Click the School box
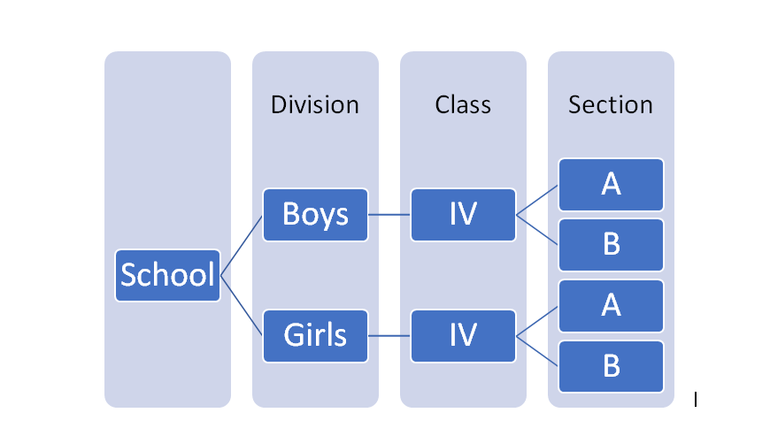167,275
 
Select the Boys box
315,215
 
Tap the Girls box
315,336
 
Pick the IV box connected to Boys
463,215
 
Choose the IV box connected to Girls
463,336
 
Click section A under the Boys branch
611,185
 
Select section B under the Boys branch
611,245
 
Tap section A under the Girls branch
611,306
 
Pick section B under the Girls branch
611,367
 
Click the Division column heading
315,105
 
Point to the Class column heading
463,105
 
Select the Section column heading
611,105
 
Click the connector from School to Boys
242,246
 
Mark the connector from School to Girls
242,306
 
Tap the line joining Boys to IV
389,215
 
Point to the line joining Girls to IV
389,336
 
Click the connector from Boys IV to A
537,200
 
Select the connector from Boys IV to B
537,230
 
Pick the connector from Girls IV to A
537,321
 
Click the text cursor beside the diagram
696,400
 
